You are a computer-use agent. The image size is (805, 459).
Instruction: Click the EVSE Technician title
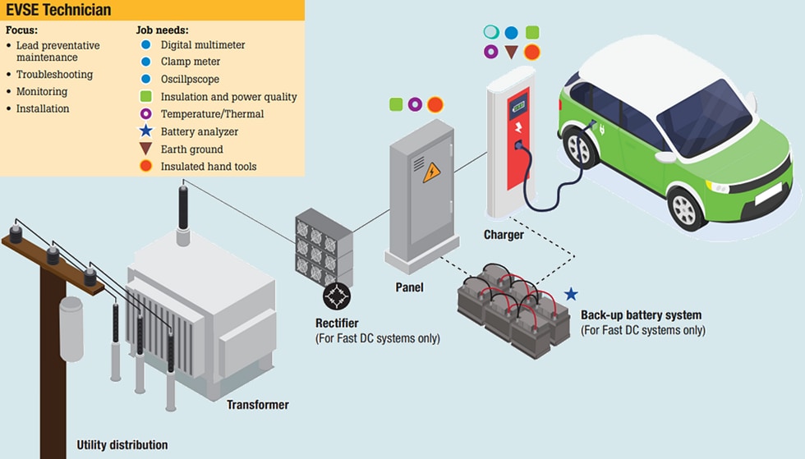[58, 11]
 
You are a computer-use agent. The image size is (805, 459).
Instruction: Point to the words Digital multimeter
[203, 44]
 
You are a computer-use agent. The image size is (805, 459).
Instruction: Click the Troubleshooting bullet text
[54, 75]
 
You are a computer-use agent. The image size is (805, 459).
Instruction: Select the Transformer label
[257, 405]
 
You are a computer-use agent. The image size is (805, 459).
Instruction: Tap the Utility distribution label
[122, 445]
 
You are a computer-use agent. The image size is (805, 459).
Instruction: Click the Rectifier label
[337, 323]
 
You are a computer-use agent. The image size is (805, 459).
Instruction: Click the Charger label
[504, 235]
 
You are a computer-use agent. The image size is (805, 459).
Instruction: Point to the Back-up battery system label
[641, 315]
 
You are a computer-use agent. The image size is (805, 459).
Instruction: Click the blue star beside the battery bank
[571, 294]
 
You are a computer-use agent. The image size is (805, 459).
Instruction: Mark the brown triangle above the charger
[511, 53]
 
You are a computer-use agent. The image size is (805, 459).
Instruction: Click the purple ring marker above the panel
[415, 104]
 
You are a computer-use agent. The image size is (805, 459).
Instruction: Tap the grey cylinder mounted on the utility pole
[71, 328]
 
